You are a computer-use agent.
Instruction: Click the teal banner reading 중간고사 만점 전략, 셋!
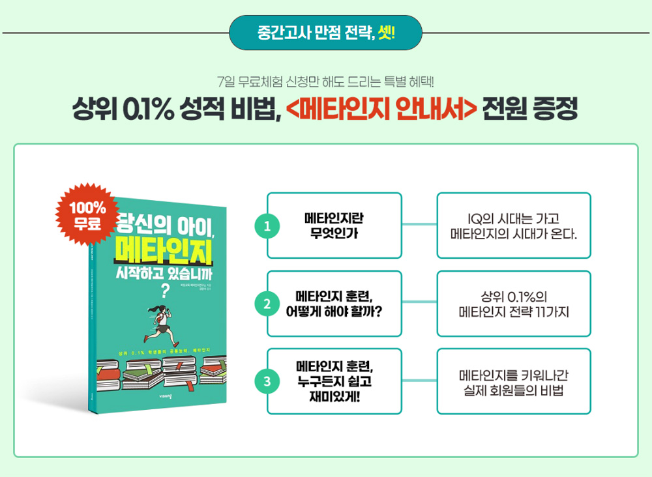pyautogui.click(x=325, y=33)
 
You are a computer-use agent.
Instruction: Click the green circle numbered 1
pyautogui.click(x=267, y=226)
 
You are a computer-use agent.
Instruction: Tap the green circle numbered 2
pyautogui.click(x=267, y=304)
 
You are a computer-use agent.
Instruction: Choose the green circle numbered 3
pyautogui.click(x=267, y=382)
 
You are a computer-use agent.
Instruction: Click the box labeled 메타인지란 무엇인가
pyautogui.click(x=334, y=225)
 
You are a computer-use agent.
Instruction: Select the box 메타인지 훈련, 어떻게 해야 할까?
pyautogui.click(x=334, y=304)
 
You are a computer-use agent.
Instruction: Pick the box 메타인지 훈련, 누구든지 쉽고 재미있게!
pyautogui.click(x=334, y=381)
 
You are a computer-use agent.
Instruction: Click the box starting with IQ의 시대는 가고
pyautogui.click(x=514, y=225)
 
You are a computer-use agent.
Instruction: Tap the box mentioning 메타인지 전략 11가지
pyautogui.click(x=514, y=304)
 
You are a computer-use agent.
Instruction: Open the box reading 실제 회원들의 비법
pyautogui.click(x=514, y=381)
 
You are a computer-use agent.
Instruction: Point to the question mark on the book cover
pyautogui.click(x=160, y=291)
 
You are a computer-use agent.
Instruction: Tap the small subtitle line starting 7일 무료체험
pyautogui.click(x=325, y=83)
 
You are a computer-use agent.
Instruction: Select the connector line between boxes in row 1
pyautogui.click(x=419, y=225)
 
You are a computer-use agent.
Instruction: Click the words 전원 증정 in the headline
pyautogui.click(x=530, y=109)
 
